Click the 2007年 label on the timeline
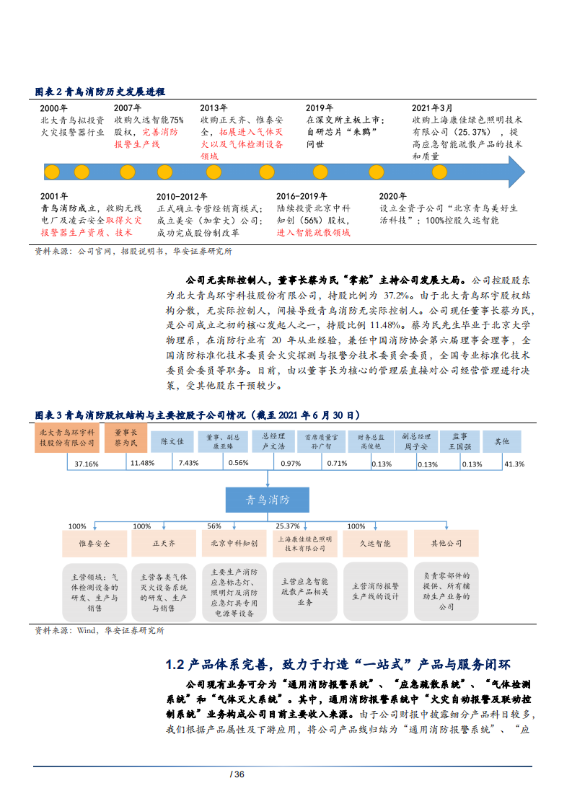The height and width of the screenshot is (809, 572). pyautogui.click(x=128, y=107)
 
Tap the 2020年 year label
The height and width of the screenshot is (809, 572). pyautogui.click(x=393, y=195)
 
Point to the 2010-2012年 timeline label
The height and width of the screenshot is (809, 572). pyautogui.click(x=182, y=196)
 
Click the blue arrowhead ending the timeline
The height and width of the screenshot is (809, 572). pyautogui.click(x=516, y=172)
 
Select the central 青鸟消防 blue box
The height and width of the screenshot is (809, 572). pyautogui.click(x=268, y=499)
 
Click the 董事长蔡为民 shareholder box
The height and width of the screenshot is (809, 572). pyautogui.click(x=126, y=438)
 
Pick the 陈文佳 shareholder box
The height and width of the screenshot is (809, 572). pyautogui.click(x=172, y=441)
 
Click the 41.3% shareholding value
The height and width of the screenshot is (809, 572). pyautogui.click(x=514, y=463)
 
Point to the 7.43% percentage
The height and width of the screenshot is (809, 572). pyautogui.click(x=188, y=463)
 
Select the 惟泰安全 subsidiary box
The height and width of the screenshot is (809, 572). pyautogui.click(x=94, y=544)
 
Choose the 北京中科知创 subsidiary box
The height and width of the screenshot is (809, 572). pyautogui.click(x=234, y=544)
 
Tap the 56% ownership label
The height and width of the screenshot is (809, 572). pyautogui.click(x=214, y=526)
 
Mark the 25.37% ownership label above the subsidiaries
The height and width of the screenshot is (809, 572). pyautogui.click(x=288, y=526)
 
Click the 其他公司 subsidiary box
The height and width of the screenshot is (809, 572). pyautogui.click(x=446, y=544)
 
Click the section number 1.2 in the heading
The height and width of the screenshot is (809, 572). pyautogui.click(x=176, y=664)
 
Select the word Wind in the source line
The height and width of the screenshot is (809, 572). pyautogui.click(x=87, y=630)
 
